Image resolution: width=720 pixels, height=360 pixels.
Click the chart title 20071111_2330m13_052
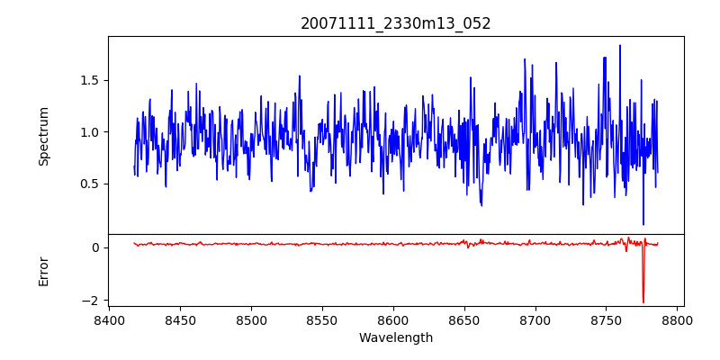396,23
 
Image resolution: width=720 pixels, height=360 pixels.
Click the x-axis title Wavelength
396,337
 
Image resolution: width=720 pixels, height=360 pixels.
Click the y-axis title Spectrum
43,136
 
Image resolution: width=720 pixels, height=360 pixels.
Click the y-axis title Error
43,270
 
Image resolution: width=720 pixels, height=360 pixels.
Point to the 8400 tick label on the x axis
109,319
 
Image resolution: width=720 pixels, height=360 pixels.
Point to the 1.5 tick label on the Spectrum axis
90,80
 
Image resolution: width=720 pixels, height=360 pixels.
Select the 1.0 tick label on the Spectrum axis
90,132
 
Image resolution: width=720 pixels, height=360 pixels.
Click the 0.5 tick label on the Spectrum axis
90,184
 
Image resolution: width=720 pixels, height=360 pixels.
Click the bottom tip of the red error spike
643,302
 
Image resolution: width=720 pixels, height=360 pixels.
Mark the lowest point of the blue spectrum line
643,225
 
